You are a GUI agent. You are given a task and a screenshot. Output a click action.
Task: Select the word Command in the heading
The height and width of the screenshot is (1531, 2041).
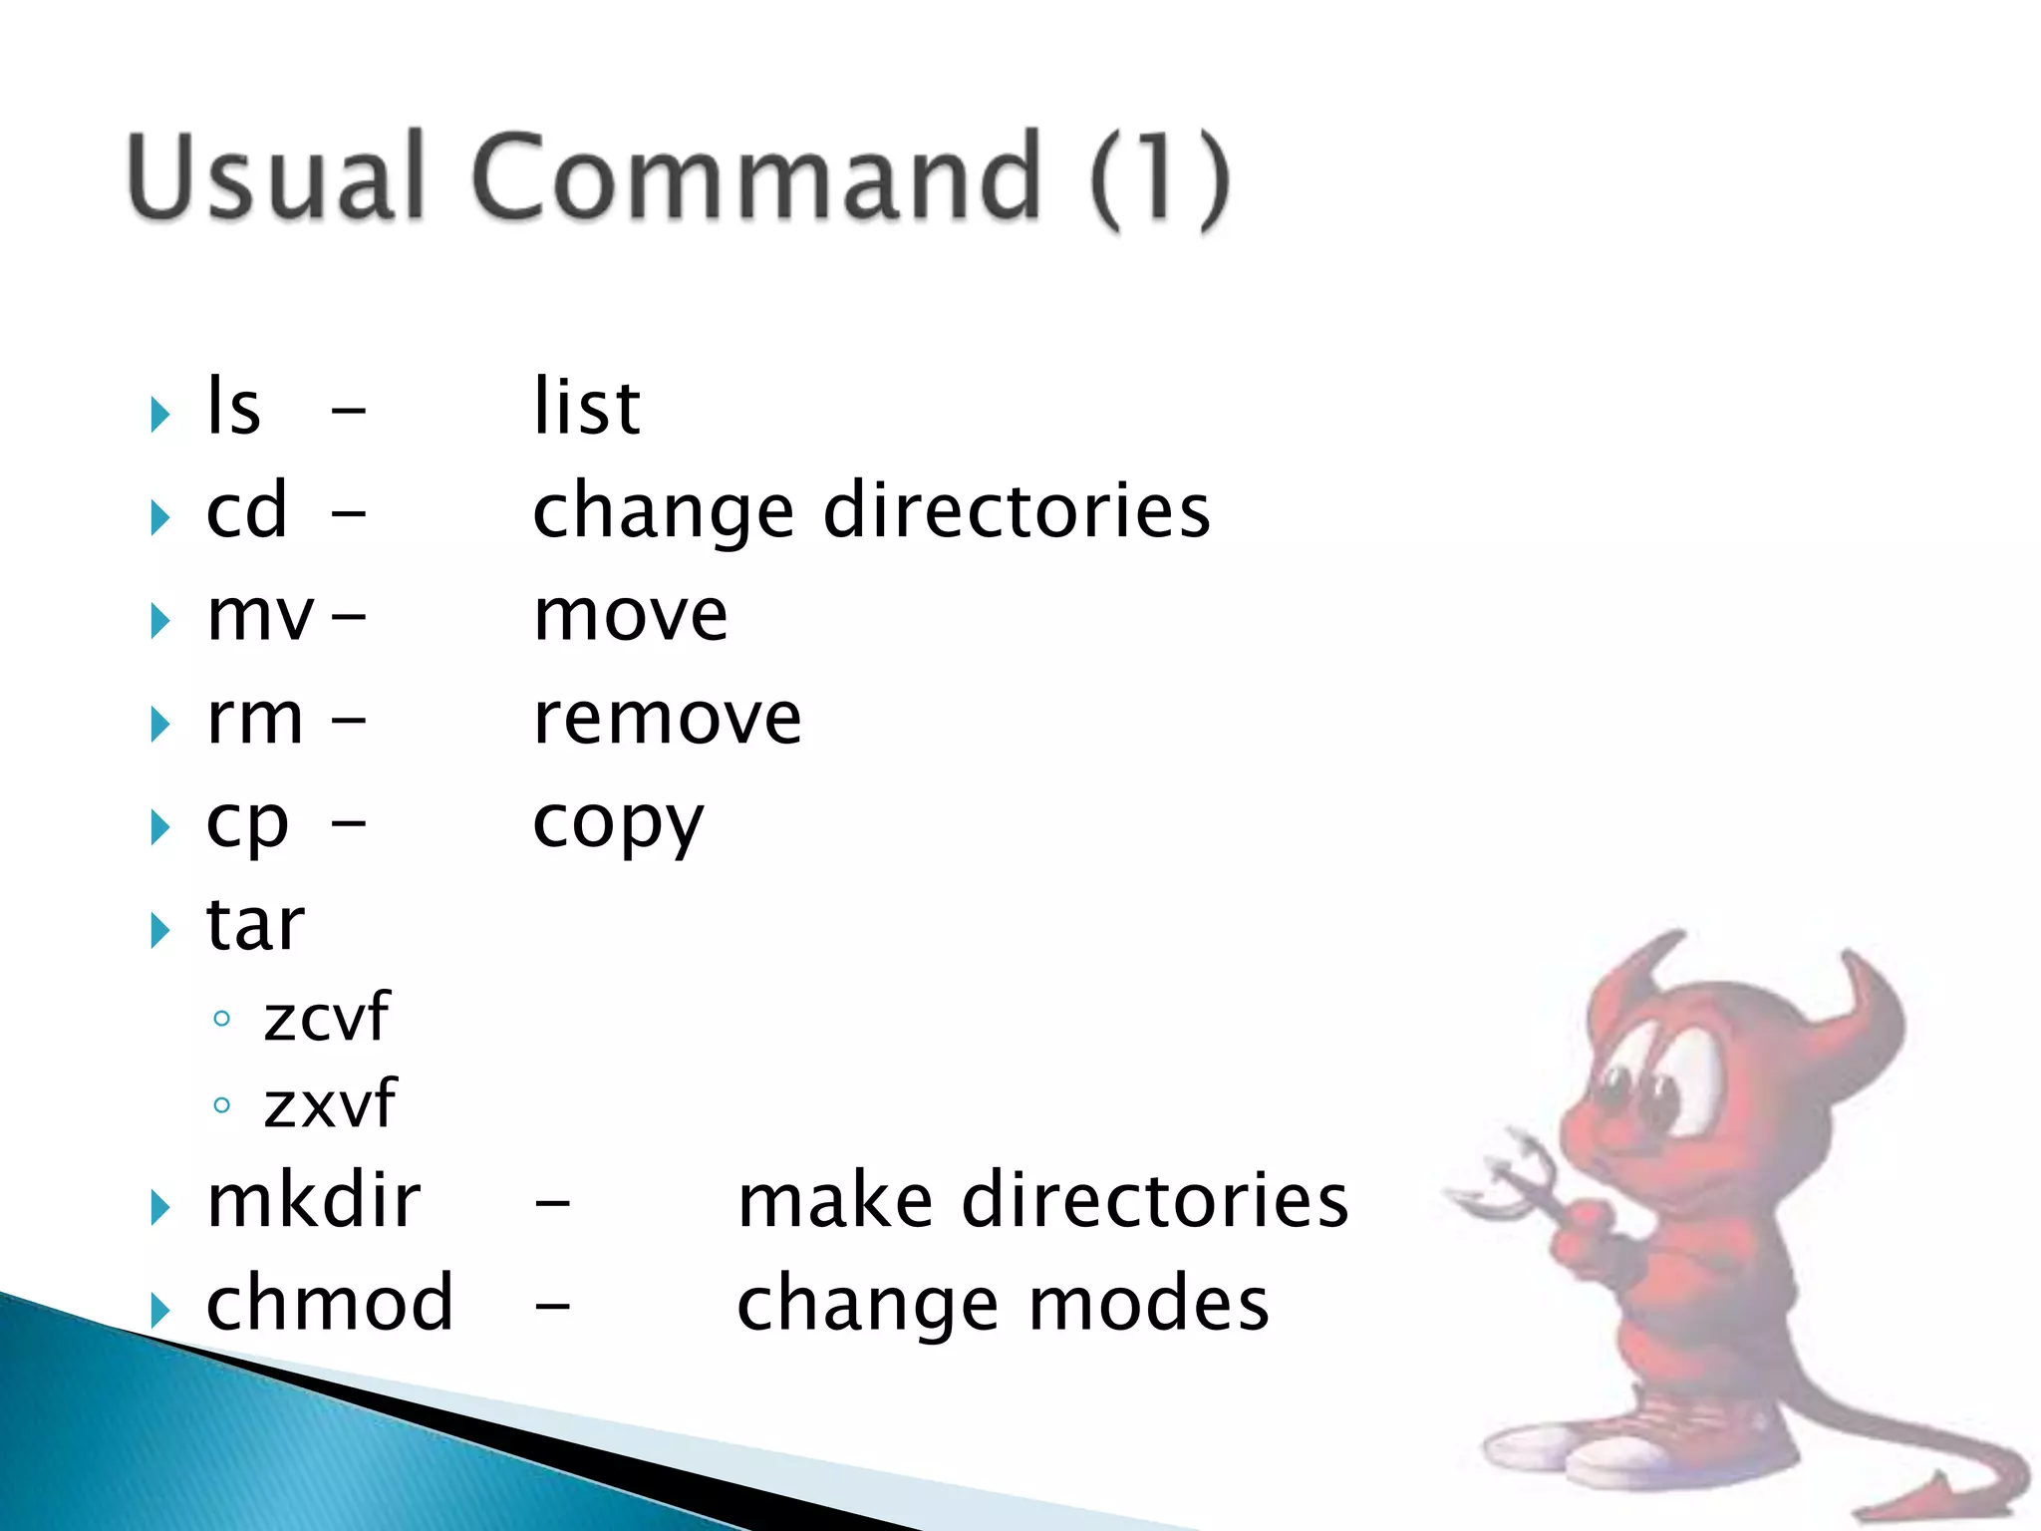point(757,176)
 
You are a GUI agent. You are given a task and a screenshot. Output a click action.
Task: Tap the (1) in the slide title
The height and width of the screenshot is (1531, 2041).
point(1160,179)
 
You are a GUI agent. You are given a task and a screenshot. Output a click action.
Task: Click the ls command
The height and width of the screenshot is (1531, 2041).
point(233,408)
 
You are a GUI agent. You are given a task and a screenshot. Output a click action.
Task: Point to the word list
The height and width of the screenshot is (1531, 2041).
point(586,408)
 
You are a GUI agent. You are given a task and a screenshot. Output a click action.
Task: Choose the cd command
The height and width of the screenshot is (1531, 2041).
point(246,510)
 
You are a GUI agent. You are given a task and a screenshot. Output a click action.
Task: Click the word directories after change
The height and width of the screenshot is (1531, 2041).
point(1017,510)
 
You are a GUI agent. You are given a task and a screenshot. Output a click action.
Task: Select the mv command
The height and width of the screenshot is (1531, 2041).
point(260,616)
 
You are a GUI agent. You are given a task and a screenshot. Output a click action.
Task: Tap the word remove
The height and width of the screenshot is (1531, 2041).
point(667,718)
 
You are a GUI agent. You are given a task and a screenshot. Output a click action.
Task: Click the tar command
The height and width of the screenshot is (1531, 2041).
point(254,925)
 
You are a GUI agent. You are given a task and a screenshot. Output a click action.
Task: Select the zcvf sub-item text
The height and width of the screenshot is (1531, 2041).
point(326,1018)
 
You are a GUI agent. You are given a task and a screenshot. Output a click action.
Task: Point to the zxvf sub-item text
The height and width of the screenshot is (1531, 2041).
point(330,1104)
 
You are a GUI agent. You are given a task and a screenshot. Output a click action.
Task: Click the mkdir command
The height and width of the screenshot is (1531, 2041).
point(313,1200)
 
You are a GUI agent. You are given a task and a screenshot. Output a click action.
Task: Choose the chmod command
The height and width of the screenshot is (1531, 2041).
point(330,1303)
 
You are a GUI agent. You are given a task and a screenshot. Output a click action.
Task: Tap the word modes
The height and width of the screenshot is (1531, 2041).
point(1148,1303)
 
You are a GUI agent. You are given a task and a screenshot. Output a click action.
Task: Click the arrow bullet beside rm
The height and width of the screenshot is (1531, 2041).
point(159,724)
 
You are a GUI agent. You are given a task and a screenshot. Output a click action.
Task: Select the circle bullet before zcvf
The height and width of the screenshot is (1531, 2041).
point(222,1019)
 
